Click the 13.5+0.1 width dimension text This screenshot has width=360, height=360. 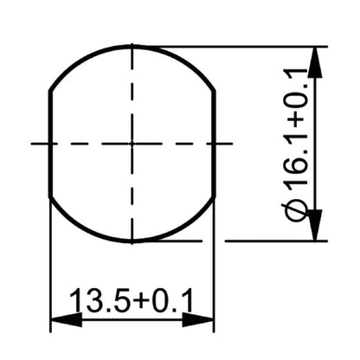132,301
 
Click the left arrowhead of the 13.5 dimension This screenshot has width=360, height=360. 62,319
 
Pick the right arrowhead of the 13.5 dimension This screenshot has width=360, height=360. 201,319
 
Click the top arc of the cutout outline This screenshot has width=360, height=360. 132,47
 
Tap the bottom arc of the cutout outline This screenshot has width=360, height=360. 132,240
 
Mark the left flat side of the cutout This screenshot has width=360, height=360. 50,143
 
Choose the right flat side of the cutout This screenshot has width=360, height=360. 213,143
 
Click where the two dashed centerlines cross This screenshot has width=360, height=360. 132,143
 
